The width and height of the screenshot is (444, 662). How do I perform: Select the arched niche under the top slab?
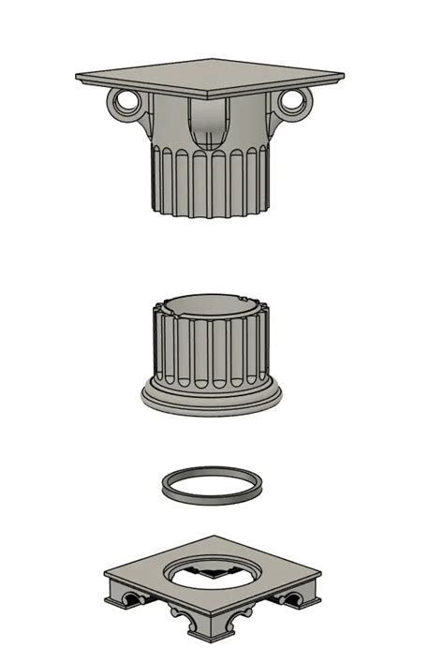click(209, 126)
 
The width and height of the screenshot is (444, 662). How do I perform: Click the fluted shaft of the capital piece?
click(208, 183)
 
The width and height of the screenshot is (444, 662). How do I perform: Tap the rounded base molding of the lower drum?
click(211, 398)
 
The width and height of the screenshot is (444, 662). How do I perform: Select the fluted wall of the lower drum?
click(211, 351)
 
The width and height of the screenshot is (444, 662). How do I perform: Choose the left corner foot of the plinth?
click(114, 590)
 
